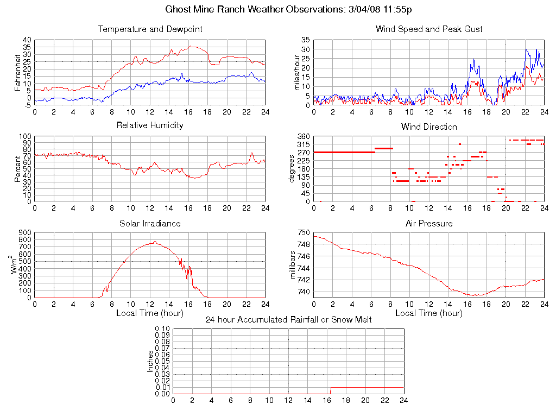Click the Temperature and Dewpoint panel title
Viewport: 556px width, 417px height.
coord(150,29)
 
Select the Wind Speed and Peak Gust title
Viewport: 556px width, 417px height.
coord(429,29)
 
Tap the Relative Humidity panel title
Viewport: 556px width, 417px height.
coord(150,125)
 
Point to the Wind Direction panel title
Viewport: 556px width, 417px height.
coord(429,127)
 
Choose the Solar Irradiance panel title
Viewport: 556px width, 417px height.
coord(150,223)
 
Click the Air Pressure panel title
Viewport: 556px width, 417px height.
coord(429,223)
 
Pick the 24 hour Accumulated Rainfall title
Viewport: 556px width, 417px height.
coord(288,319)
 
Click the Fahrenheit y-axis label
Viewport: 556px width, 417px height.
coord(18,72)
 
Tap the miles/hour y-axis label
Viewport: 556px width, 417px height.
coord(297,72)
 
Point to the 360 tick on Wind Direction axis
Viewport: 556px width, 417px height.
coord(303,136)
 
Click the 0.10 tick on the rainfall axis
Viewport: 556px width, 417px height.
coord(162,328)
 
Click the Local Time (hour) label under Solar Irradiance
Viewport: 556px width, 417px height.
coord(150,313)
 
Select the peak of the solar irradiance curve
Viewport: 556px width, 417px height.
coord(155,242)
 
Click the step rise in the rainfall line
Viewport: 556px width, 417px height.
coord(331,390)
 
